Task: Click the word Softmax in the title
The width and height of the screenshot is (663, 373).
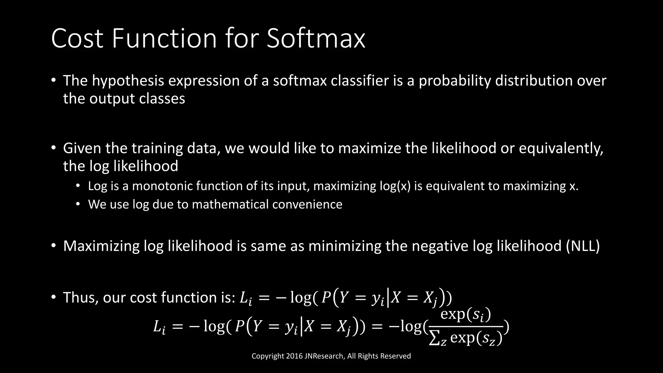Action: tap(316, 39)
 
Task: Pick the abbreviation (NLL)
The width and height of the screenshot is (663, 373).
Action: tap(583, 246)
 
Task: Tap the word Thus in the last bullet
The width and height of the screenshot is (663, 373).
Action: tap(80, 297)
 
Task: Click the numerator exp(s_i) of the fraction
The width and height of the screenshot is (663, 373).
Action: tap(466, 314)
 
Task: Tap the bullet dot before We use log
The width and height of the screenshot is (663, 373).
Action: tap(78, 204)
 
